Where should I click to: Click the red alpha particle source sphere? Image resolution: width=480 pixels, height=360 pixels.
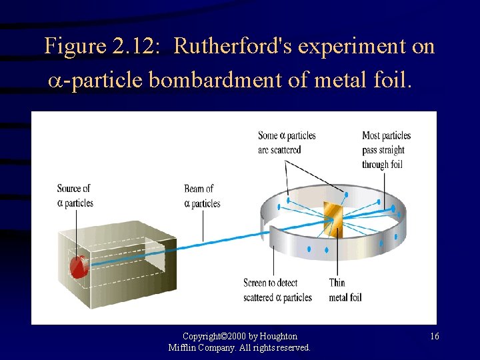pos(79,266)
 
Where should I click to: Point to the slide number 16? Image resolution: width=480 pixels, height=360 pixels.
pos(434,337)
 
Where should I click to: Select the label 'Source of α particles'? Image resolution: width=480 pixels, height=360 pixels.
pos(75,195)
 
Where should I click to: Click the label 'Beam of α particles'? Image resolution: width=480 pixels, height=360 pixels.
pos(201,196)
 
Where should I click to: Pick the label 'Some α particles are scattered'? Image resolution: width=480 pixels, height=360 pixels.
pos(287,143)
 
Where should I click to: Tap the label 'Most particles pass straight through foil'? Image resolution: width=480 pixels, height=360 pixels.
pos(386,150)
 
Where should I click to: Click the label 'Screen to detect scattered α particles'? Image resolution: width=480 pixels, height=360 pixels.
pos(277,290)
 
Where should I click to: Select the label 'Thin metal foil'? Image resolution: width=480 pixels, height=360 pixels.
pos(345,290)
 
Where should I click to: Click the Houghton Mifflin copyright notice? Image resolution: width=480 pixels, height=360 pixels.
pos(239,342)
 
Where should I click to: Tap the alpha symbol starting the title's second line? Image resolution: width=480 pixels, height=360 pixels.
pos(56,81)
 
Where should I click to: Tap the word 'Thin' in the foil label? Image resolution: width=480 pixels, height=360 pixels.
pos(337,283)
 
